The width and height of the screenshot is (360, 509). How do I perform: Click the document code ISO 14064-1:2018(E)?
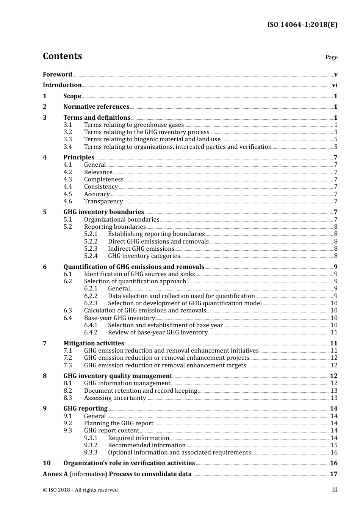(302, 25)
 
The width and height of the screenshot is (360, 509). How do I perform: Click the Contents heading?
(62, 56)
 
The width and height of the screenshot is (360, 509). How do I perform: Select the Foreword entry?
(57, 74)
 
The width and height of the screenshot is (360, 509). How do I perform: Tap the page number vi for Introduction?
(335, 85)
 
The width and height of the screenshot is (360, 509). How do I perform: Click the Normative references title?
(96, 107)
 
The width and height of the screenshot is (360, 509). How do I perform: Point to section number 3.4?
(67, 147)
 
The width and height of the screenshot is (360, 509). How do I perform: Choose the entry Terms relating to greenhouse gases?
(134, 125)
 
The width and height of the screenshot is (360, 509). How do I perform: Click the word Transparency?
(103, 201)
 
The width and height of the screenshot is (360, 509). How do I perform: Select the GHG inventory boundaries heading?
(103, 212)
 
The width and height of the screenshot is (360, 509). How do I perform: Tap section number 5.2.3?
(91, 249)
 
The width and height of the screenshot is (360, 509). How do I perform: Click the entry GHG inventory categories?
(144, 256)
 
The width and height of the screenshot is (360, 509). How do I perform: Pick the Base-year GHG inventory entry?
(119, 318)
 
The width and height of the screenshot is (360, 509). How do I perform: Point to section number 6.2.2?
(91, 296)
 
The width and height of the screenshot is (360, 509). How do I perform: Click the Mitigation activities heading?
(94, 343)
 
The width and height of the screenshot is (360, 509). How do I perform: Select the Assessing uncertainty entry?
(115, 398)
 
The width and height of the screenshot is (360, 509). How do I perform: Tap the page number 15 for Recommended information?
(334, 445)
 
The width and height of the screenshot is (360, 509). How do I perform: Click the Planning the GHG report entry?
(119, 423)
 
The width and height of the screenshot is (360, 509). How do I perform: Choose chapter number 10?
(47, 463)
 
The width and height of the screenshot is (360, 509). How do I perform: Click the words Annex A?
(55, 474)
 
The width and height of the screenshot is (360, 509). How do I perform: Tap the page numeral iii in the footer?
(335, 490)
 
